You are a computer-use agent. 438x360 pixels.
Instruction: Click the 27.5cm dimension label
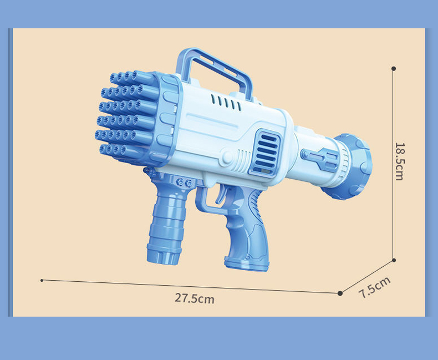tap(195, 298)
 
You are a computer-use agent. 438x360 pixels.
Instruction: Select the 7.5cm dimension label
tap(374, 287)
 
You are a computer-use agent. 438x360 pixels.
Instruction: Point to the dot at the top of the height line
tap(394, 69)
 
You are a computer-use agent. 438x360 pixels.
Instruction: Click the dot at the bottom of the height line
tap(394, 260)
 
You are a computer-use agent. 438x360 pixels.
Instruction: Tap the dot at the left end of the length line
tap(42, 280)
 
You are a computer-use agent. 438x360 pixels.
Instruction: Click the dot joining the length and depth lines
tap(340, 293)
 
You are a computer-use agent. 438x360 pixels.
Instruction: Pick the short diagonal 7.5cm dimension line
tap(366, 276)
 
